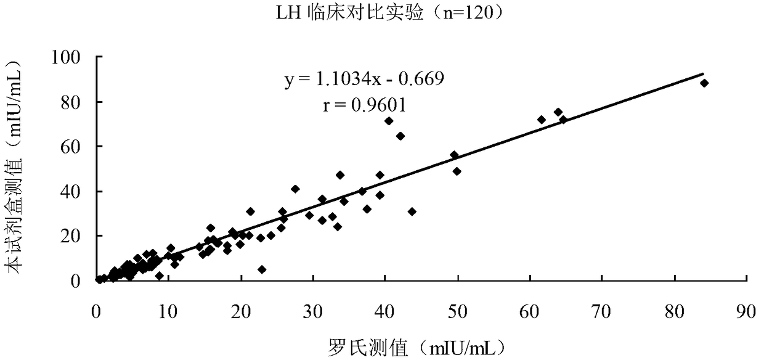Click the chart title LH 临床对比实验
[349, 14]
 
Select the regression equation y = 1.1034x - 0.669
[364, 79]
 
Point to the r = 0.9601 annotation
[365, 105]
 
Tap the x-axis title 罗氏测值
[368, 348]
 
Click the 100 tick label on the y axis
[66, 57]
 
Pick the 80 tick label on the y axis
[71, 102]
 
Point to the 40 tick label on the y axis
[71, 192]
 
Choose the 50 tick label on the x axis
[457, 311]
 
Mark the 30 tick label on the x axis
[313, 311]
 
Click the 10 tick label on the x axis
[168, 311]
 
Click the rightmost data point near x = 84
[704, 83]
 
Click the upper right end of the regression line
[703, 73]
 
